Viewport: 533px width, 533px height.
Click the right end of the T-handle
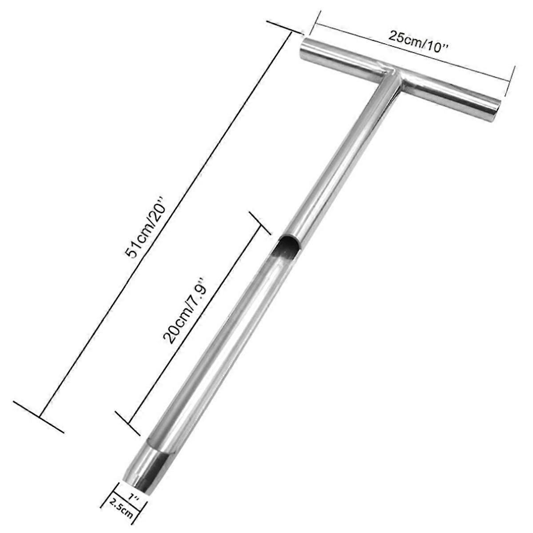click(x=497, y=107)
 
